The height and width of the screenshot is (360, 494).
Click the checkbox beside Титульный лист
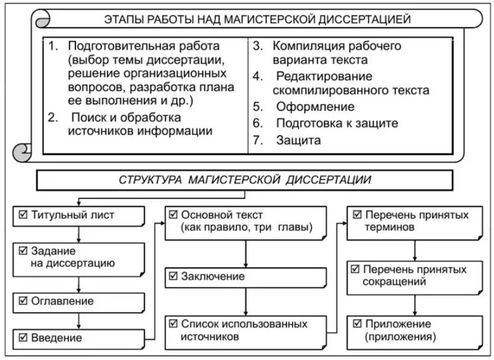23,216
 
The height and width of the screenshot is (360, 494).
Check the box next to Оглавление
23,301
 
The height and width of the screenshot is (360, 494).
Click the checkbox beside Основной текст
173,215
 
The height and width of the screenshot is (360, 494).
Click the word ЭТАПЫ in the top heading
122,20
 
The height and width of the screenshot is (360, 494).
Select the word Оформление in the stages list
315,107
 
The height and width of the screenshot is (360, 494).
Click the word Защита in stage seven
298,139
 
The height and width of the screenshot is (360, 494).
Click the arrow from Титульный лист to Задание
78,233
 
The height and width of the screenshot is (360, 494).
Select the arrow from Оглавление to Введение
78,320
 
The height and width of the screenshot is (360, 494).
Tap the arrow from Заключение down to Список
247,302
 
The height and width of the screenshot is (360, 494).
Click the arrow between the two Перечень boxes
415,249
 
